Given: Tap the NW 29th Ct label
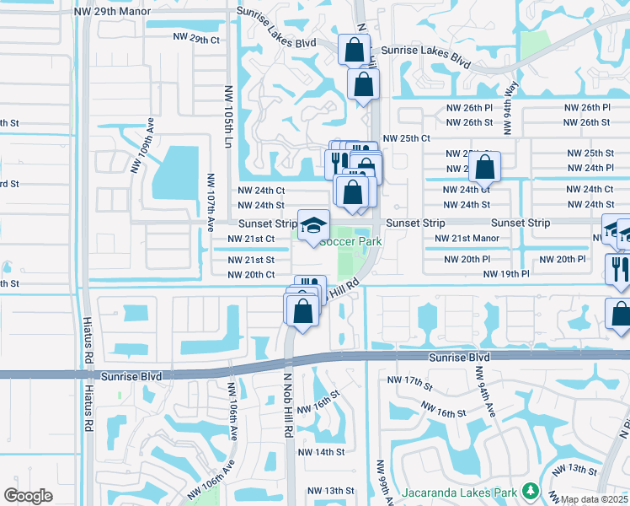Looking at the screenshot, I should pos(195,40).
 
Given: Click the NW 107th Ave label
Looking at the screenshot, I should pos(210,203).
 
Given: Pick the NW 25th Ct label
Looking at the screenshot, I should pos(406,138).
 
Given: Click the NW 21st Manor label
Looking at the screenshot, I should pos(467,240).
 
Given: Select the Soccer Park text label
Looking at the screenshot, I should pos(351,242).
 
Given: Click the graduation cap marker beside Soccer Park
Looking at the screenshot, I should pos(314,225).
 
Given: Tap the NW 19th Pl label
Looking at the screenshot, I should pos(505,275).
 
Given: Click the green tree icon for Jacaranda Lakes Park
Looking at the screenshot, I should pos(530,490).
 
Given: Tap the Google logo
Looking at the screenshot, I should pos(28,496).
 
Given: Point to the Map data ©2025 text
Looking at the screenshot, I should pos(593,499).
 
